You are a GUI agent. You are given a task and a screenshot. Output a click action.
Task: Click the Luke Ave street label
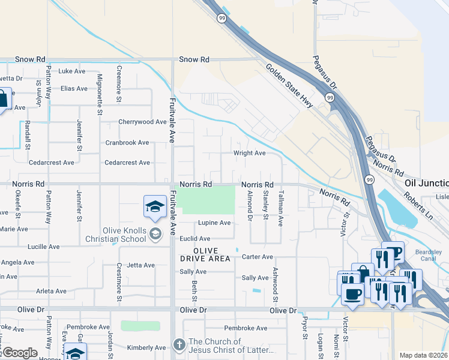(73, 71)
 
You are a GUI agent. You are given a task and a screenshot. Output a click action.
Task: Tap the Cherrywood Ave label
(142, 122)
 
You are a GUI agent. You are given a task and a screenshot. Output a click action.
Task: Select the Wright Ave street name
(249, 153)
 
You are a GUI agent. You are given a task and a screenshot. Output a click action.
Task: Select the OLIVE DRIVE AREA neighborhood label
(204, 254)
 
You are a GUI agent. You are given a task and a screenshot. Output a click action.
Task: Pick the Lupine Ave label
(214, 223)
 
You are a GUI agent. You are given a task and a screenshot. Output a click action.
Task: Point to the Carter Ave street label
(258, 257)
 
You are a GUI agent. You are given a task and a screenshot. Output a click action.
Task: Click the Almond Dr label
(250, 205)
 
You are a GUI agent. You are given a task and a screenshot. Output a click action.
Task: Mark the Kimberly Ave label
(146, 347)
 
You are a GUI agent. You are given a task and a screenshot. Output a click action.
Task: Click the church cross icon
(178, 345)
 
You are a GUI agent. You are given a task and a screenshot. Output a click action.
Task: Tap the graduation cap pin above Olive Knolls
(155, 206)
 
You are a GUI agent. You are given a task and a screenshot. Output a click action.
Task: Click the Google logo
(20, 353)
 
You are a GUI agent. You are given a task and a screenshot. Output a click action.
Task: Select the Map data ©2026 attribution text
(423, 355)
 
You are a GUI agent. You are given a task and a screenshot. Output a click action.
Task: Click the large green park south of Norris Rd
(208, 200)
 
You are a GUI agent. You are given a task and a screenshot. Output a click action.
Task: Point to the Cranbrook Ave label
(127, 143)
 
